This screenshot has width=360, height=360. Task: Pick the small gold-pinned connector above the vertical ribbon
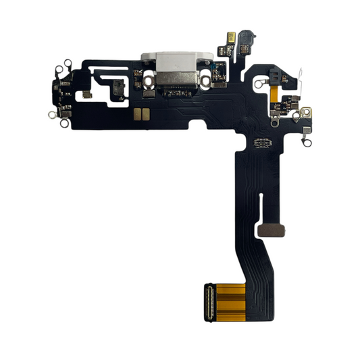263,143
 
